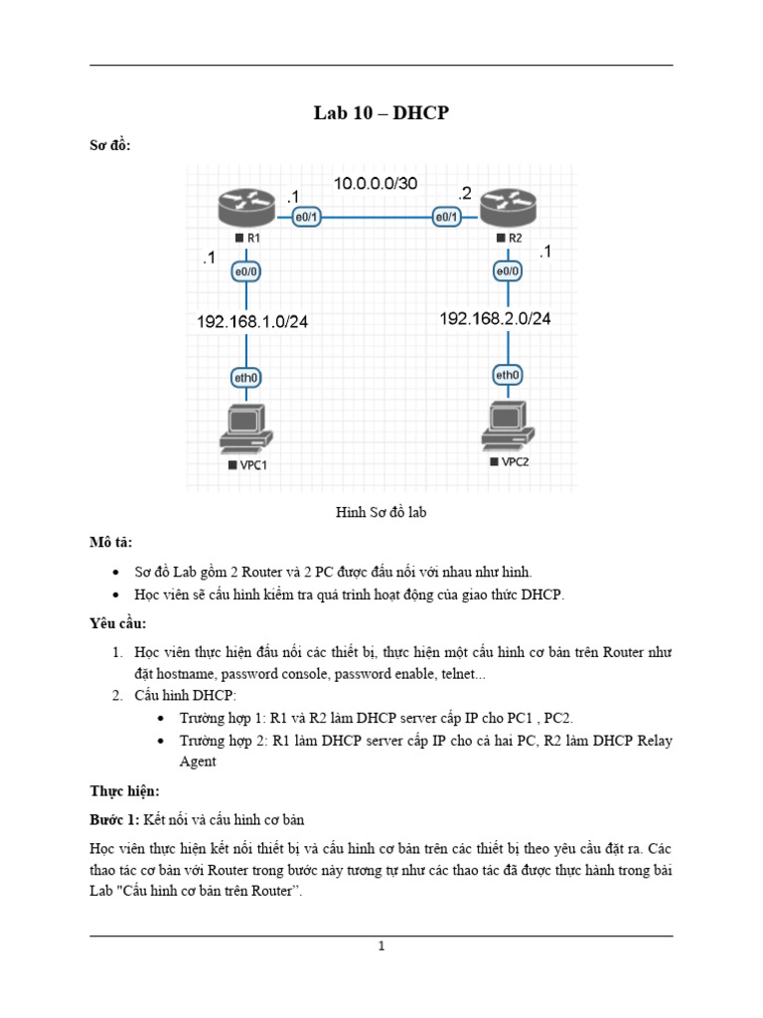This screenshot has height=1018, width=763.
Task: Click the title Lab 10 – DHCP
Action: tap(381, 113)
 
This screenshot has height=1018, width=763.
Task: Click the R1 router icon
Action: tap(245, 209)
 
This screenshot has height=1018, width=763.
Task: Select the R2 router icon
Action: tap(508, 209)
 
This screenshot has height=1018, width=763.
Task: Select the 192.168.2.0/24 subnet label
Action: tap(495, 318)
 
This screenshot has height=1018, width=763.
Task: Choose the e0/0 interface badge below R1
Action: tap(246, 270)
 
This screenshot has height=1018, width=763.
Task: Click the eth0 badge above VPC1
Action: tap(246, 377)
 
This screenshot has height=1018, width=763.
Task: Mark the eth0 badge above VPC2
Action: tap(508, 375)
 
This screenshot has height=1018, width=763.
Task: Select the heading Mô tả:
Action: tap(110, 542)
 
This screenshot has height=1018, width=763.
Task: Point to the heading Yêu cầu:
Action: tap(117, 623)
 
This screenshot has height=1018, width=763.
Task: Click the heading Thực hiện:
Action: tap(124, 791)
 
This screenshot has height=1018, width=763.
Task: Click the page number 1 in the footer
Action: tap(381, 946)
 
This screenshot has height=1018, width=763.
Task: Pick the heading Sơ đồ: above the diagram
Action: tap(110, 145)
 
